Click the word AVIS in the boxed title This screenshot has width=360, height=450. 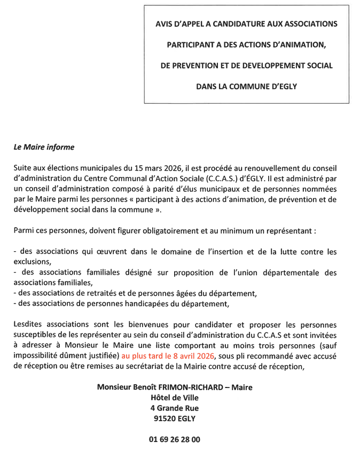point(165,24)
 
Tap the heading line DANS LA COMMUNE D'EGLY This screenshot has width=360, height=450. point(246,86)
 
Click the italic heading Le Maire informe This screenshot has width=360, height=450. point(44,147)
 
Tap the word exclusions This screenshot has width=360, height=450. point(32,261)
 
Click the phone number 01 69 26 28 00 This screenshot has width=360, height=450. point(175,439)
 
